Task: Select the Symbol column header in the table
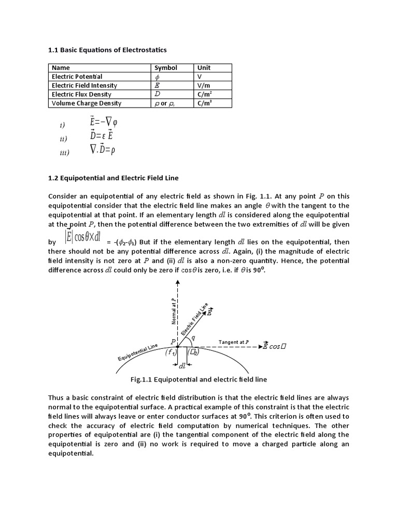click(x=166, y=68)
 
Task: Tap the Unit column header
click(x=203, y=68)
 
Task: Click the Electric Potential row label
click(x=77, y=77)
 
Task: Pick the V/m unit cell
click(x=204, y=85)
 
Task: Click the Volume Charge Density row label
click(x=87, y=103)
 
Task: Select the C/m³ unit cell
click(x=204, y=103)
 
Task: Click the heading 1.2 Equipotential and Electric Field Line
click(x=113, y=178)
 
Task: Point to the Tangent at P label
click(x=234, y=342)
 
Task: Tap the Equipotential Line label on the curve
click(x=137, y=354)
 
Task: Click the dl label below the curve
click(x=182, y=366)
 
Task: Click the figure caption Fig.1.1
click(x=199, y=379)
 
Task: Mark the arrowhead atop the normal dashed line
click(x=178, y=283)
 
